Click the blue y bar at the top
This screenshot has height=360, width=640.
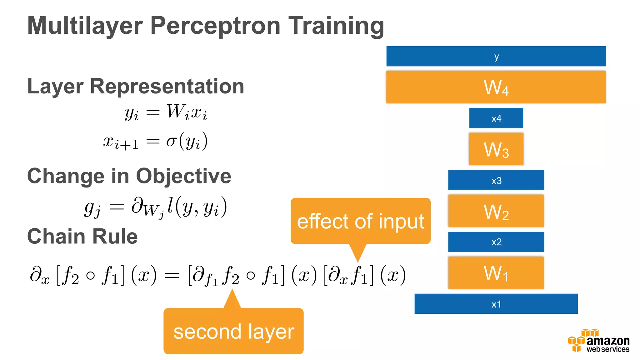click(496, 56)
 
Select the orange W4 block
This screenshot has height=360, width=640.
click(496, 87)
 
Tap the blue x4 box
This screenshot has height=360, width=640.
click(496, 118)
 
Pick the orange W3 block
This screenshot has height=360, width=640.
click(496, 149)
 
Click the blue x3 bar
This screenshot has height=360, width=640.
click(496, 180)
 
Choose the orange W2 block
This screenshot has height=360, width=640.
click(496, 211)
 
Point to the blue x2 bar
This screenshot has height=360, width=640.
click(496, 242)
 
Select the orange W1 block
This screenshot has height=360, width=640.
click(496, 273)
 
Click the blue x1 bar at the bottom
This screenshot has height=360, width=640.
click(496, 304)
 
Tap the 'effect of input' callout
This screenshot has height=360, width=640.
click(360, 221)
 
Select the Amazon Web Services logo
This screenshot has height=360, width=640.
click(598, 341)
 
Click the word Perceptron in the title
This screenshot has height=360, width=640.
click(215, 26)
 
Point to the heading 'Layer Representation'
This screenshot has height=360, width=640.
click(136, 86)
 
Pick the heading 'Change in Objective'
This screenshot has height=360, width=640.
click(129, 176)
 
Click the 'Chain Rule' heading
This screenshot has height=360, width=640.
click(82, 236)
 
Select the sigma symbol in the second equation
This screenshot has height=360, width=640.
click(171, 141)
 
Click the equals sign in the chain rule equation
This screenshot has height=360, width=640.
click(172, 275)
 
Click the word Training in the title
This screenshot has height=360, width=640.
click(336, 26)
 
